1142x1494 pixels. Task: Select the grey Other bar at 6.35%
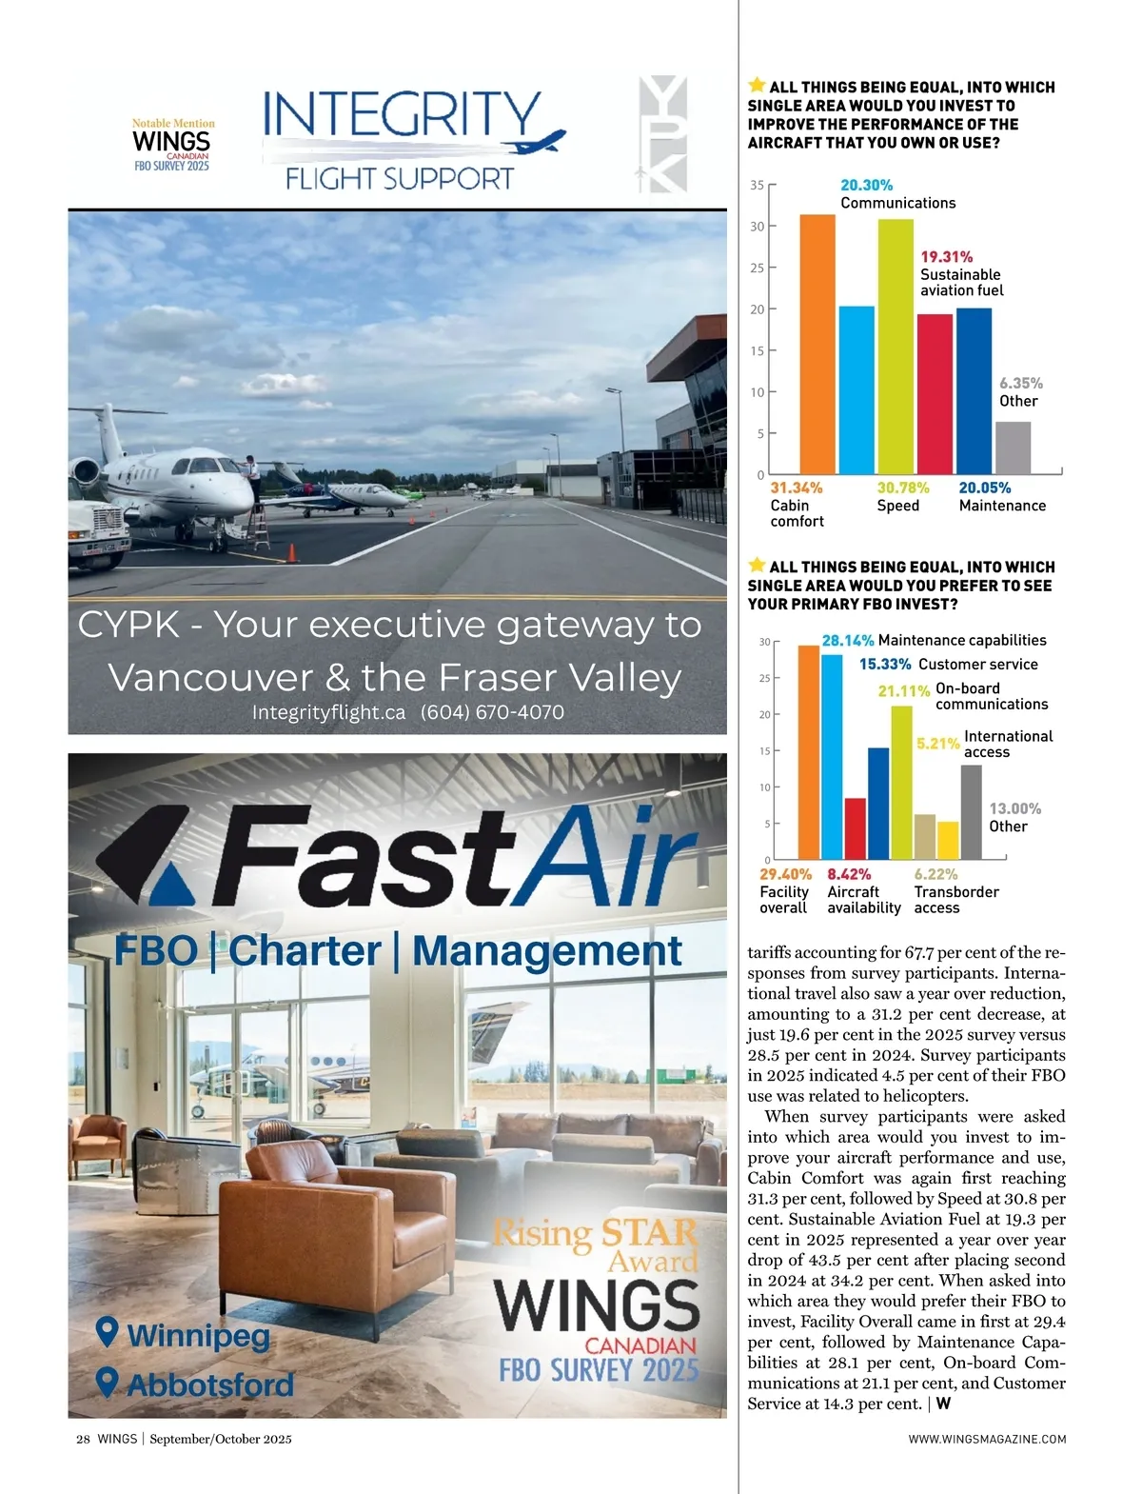tap(1013, 448)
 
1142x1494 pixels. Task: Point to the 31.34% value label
tap(797, 488)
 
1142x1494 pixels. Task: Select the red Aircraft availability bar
tap(856, 828)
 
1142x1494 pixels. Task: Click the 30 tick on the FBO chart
tap(765, 642)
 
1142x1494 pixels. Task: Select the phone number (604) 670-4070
tap(492, 712)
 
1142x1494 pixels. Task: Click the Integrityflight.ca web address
tap(328, 712)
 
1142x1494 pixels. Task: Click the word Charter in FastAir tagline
tap(305, 950)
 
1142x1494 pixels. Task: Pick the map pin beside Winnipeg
tap(108, 1331)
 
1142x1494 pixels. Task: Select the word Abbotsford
tap(210, 1384)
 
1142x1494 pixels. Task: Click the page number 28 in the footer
tap(83, 1439)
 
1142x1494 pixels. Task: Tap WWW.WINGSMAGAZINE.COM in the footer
tap(987, 1439)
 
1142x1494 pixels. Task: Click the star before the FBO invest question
tap(758, 566)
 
